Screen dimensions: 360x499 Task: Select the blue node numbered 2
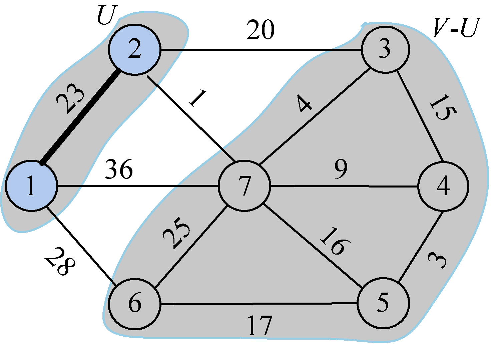coord(134,49)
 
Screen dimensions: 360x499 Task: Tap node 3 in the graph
coord(385,49)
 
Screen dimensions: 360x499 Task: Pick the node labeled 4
coord(443,186)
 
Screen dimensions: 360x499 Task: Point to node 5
coord(383,303)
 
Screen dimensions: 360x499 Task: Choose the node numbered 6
coord(135,304)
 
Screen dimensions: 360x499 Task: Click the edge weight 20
coord(260,30)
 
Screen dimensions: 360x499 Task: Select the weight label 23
coord(70,98)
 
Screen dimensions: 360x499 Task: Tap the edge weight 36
coord(119,169)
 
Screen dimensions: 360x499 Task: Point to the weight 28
coord(60,262)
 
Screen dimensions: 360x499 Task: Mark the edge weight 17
coord(259,326)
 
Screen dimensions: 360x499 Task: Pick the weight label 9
coord(340,169)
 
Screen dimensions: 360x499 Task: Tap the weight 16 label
coord(335,241)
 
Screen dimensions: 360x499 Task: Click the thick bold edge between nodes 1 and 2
coord(80,117)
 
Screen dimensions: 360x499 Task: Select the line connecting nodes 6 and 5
coord(259,304)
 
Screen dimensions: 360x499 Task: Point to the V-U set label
coord(456,28)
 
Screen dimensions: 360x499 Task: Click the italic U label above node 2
coord(106,15)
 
